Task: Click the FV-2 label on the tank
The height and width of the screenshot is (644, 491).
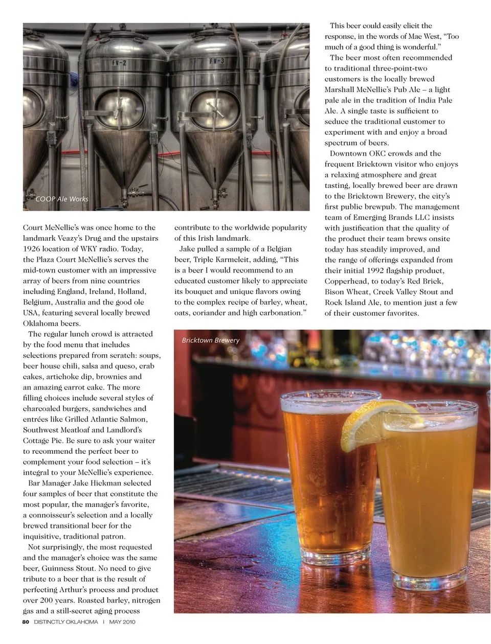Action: [x=119, y=63]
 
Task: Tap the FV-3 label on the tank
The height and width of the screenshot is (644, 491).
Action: [x=216, y=61]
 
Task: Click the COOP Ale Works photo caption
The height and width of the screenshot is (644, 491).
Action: [x=62, y=199]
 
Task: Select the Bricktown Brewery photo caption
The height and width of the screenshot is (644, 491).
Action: [x=211, y=340]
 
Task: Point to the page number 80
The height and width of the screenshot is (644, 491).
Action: [x=26, y=622]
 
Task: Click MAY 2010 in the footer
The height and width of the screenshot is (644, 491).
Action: [x=122, y=622]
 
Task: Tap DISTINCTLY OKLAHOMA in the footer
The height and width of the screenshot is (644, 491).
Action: [x=66, y=622]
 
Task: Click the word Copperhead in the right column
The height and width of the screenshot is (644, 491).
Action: [x=346, y=281]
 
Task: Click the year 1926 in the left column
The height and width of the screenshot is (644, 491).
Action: [x=32, y=249]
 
